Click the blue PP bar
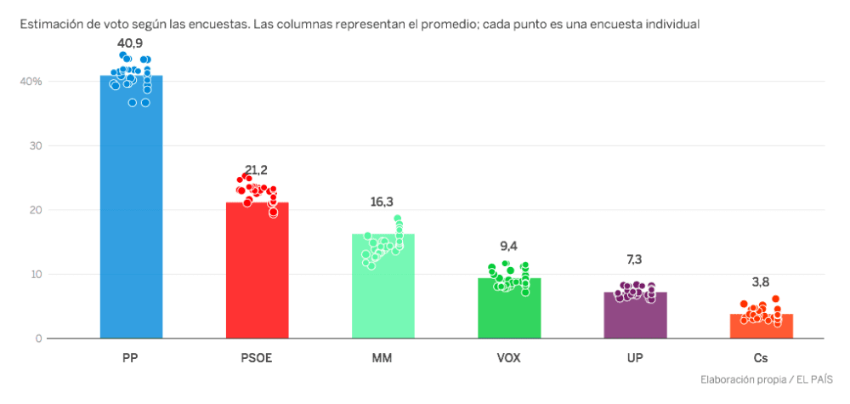131,213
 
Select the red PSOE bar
257,272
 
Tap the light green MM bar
382,289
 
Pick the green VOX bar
508,310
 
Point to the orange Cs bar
761,327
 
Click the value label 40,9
131,42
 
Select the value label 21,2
257,169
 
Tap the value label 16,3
382,202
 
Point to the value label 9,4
508,246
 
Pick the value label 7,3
635,259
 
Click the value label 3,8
761,282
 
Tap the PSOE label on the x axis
257,358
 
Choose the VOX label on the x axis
508,358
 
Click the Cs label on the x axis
761,358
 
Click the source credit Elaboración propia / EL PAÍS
766,379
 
